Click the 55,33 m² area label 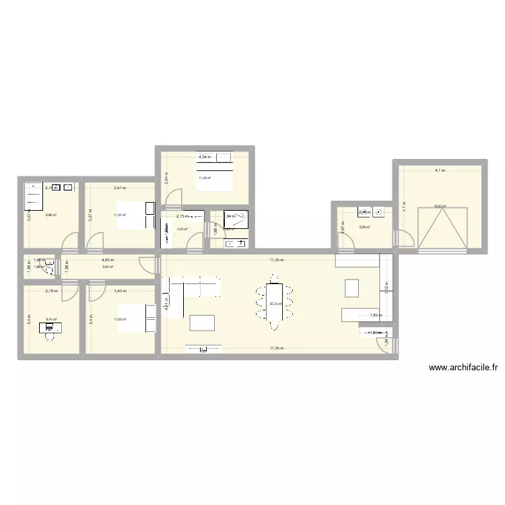pyautogui.click(x=275, y=304)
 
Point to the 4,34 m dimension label pyautogui.click(x=204, y=158)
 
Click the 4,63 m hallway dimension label pyautogui.click(x=107, y=259)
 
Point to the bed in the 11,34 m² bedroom pyautogui.click(x=134, y=215)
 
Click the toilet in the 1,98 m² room pyautogui.click(x=48, y=266)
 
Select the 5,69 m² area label pyautogui.click(x=364, y=228)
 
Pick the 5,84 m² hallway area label pyautogui.click(x=108, y=267)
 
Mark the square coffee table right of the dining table pyautogui.click(x=353, y=288)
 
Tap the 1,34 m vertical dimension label pyautogui.click(x=386, y=341)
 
